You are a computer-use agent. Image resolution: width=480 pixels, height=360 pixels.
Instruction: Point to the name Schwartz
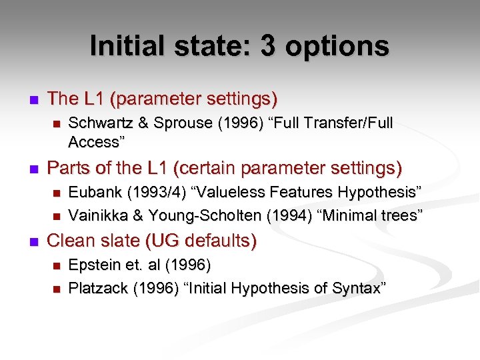(x=99, y=123)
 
